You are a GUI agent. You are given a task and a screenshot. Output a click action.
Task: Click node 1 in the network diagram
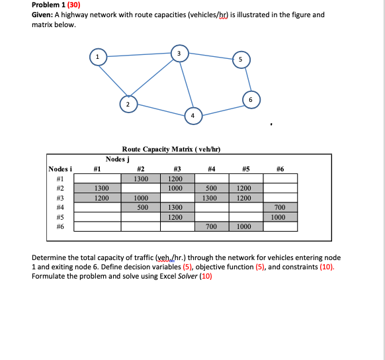tap(98, 58)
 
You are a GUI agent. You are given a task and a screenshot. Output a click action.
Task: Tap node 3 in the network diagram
tap(179, 52)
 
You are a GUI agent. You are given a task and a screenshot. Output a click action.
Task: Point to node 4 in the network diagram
tap(193, 114)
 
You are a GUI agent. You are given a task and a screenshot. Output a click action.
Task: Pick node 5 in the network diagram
tap(241, 60)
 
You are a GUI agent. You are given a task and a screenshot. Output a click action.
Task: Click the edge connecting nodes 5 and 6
tap(246, 79)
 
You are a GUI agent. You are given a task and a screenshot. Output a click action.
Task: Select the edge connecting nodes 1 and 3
tap(138, 56)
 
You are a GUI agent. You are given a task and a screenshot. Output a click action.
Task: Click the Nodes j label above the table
tap(118, 159)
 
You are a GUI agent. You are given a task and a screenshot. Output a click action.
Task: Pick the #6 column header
tap(279, 169)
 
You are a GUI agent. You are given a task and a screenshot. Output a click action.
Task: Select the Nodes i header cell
tap(60, 169)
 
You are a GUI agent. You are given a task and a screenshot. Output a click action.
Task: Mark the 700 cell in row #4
tap(279, 207)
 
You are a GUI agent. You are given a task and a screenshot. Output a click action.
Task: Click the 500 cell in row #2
tap(210, 188)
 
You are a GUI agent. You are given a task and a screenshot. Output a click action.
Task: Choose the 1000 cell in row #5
tap(279, 216)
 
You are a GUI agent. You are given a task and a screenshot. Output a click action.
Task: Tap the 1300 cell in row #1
tap(141, 179)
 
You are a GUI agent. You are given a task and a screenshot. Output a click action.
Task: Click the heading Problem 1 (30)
tap(56, 5)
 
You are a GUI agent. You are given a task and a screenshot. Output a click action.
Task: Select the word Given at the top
tap(44, 15)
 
